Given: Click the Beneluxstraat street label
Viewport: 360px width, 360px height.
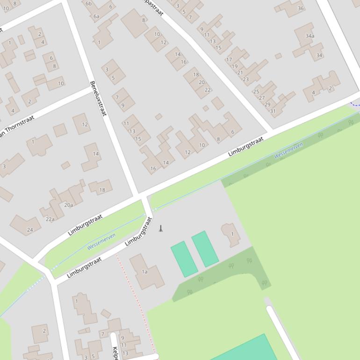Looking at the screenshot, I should coord(98,98).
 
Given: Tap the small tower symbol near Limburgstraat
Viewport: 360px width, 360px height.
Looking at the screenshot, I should coord(161,229).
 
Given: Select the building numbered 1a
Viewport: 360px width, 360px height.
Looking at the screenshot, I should coord(145,272).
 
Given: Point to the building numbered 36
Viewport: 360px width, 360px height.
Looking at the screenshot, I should coord(301,8).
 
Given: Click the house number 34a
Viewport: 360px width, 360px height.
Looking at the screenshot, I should coord(310,36).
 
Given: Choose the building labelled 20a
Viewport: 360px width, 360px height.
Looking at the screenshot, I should coord(69,205).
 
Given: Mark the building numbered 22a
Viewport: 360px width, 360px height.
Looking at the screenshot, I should coord(50,219).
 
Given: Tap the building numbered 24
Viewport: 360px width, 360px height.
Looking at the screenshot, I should coord(30,230).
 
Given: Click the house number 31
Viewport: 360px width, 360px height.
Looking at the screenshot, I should coord(273,111).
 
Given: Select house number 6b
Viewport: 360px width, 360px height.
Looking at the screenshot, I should coord(89,3).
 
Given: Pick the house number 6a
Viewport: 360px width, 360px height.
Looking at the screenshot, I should coord(96,16).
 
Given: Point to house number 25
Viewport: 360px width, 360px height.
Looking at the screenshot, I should coord(256,92).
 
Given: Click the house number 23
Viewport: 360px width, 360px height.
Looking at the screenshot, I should coord(245,79).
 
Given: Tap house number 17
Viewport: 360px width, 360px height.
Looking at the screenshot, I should coord(229,60).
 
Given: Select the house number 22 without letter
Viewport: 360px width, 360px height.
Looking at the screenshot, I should coord(208,90).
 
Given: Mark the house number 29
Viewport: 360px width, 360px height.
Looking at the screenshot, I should coord(267,105).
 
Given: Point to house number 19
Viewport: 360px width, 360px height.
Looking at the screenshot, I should coord(234,66).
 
